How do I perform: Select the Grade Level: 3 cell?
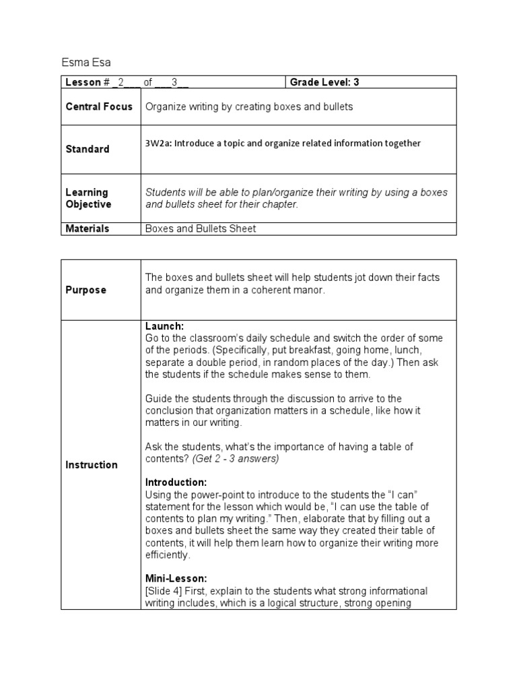pyautogui.click(x=324, y=83)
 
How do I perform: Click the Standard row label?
pyautogui.click(x=88, y=149)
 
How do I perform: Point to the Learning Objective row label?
pyautogui.click(x=87, y=198)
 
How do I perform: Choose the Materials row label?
pyautogui.click(x=88, y=228)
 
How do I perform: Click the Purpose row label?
pyautogui.click(x=85, y=290)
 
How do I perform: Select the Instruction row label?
pyautogui.click(x=92, y=465)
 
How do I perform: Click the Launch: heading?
pyautogui.click(x=165, y=326)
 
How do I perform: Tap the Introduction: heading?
pyautogui.click(x=176, y=483)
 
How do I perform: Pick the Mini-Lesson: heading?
pyautogui.click(x=176, y=579)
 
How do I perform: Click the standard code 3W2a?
pyautogui.click(x=159, y=143)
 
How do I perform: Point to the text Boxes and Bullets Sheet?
pyautogui.click(x=201, y=228)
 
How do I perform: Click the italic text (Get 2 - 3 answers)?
pyautogui.click(x=235, y=459)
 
